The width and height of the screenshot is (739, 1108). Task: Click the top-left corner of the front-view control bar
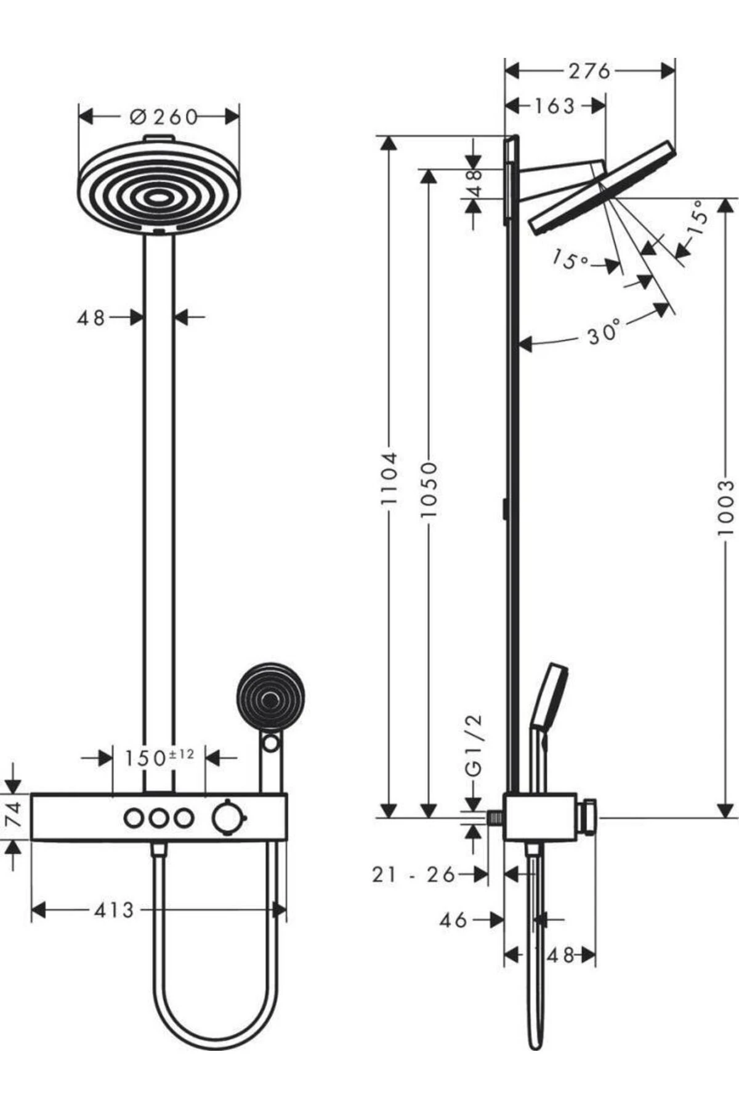tap(31, 794)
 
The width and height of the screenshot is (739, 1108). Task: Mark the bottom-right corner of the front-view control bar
tap(286, 840)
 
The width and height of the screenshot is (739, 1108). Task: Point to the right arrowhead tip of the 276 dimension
tap(676, 71)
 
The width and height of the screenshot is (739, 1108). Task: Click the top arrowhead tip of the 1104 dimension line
tap(388, 135)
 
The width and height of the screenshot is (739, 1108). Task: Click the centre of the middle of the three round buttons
tap(160, 818)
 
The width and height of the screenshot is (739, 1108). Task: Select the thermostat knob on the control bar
tap(227, 817)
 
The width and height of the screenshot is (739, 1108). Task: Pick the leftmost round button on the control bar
tap(133, 818)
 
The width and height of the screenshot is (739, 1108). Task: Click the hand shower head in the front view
tap(270, 697)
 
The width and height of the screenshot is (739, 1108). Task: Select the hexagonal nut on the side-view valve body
tap(588, 818)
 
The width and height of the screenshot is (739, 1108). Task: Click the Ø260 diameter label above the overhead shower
tap(164, 116)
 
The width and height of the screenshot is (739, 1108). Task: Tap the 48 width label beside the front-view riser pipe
tap(91, 318)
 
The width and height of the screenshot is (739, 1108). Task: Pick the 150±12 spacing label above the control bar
tap(160, 757)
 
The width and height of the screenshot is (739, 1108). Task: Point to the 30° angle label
tap(603, 332)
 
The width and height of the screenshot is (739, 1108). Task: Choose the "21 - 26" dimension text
tap(414, 874)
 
